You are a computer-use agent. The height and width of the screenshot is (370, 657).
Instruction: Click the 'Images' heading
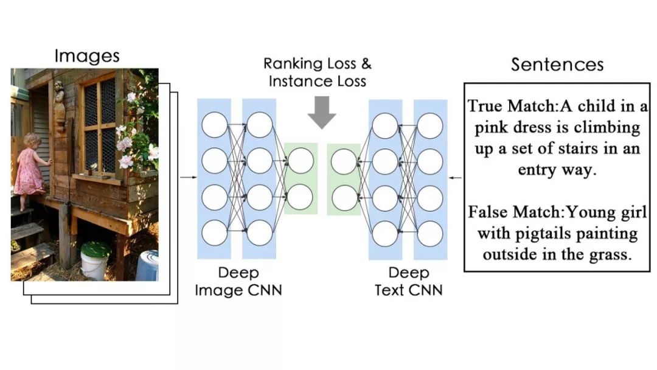click(x=87, y=56)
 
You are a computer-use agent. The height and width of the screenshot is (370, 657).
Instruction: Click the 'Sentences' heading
click(x=557, y=65)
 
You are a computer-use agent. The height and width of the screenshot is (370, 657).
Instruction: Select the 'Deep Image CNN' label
click(x=238, y=281)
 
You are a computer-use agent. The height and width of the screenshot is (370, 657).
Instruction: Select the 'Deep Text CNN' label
click(x=408, y=281)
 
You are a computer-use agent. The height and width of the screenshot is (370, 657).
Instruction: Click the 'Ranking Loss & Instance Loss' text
click(x=318, y=72)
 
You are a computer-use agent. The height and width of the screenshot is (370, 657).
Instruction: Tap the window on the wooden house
click(x=100, y=122)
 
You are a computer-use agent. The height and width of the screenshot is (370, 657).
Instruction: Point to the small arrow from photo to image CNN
click(x=189, y=178)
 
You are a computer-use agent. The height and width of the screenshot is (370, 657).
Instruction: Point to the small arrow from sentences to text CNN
click(x=455, y=178)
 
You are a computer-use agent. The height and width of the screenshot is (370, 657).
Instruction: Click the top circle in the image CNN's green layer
click(x=301, y=161)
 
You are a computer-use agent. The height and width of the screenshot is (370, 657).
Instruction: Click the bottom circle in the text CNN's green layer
click(x=344, y=197)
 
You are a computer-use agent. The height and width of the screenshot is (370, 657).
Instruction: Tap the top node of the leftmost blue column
click(x=214, y=125)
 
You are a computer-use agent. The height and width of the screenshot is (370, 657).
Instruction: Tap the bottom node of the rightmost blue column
click(x=429, y=233)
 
